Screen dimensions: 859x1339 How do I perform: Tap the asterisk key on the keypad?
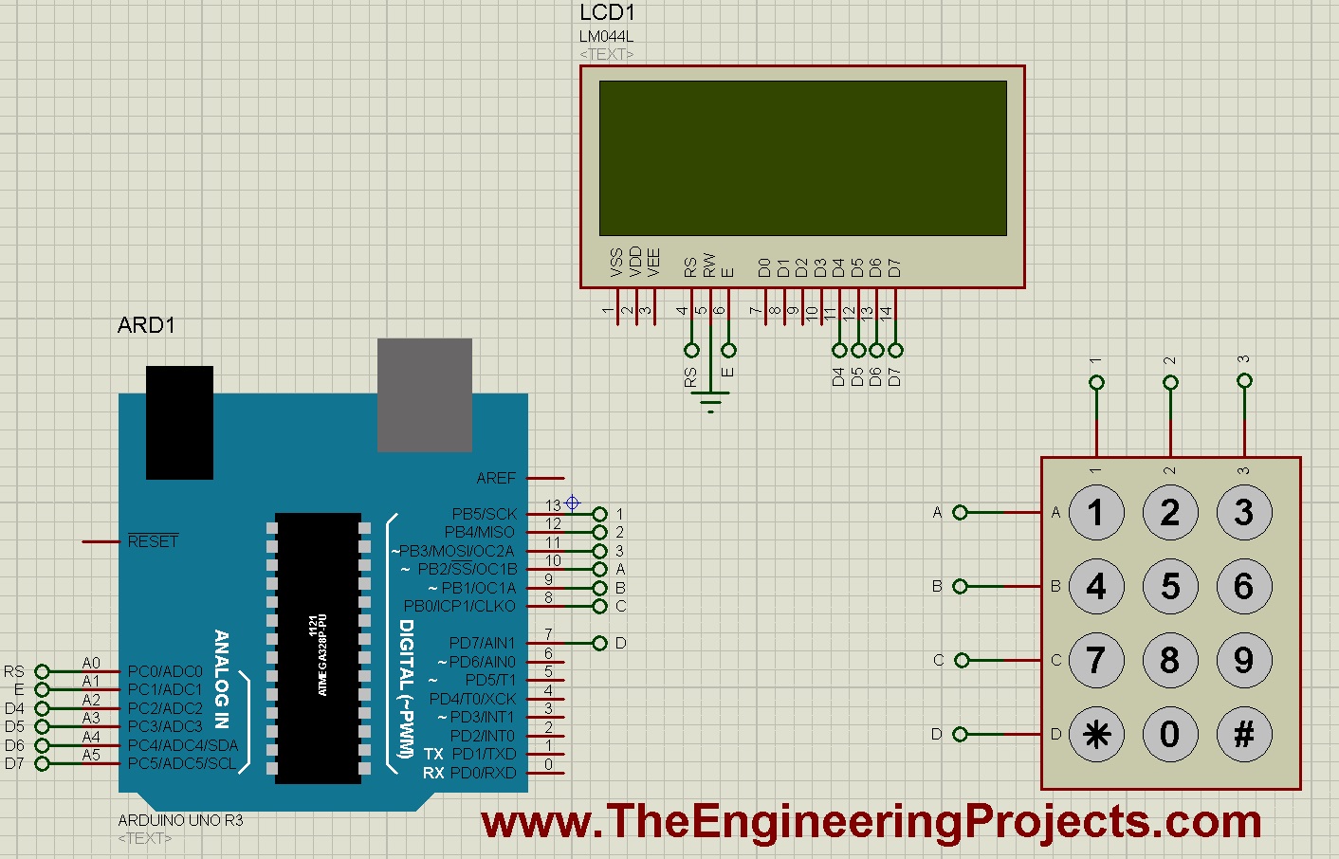pyautogui.click(x=1096, y=734)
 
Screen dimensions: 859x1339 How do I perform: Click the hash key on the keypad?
pyautogui.click(x=1243, y=734)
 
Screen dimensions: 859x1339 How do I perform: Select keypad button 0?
pyautogui.click(x=1169, y=734)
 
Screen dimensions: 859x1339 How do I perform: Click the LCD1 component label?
pyautogui.click(x=607, y=13)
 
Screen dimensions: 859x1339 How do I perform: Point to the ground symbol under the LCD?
pyautogui.click(x=710, y=406)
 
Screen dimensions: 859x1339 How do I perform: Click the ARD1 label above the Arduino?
pyautogui.click(x=146, y=325)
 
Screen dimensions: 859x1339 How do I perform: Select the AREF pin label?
pyautogui.click(x=496, y=478)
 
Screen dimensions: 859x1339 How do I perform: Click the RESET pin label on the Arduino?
pyautogui.click(x=153, y=541)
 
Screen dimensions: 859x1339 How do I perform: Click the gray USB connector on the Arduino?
pyautogui.click(x=424, y=394)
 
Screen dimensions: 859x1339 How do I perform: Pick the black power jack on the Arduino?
pyautogui.click(x=179, y=422)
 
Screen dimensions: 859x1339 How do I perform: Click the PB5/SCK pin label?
pyautogui.click(x=485, y=514)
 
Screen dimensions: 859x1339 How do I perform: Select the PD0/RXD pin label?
pyautogui.click(x=484, y=773)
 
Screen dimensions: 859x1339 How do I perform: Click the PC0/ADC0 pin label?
pyautogui.click(x=165, y=671)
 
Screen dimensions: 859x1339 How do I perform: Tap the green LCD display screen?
pyautogui.click(x=802, y=157)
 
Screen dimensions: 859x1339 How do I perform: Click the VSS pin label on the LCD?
pyautogui.click(x=616, y=263)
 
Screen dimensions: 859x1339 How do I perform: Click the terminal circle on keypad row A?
pyautogui.click(x=960, y=512)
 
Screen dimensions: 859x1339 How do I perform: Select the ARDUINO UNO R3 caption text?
pyautogui.click(x=180, y=820)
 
